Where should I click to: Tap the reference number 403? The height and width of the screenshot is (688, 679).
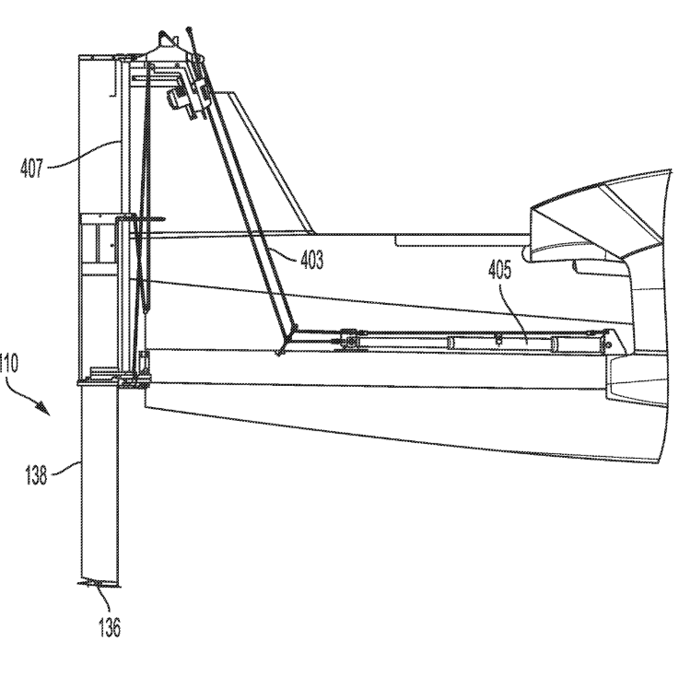pos(311,260)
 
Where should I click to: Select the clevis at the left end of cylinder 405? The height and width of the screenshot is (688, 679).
pos(348,340)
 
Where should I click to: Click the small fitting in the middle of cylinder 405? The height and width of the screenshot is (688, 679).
pos(498,340)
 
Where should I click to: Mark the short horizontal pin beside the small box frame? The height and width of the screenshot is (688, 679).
pos(153,219)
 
